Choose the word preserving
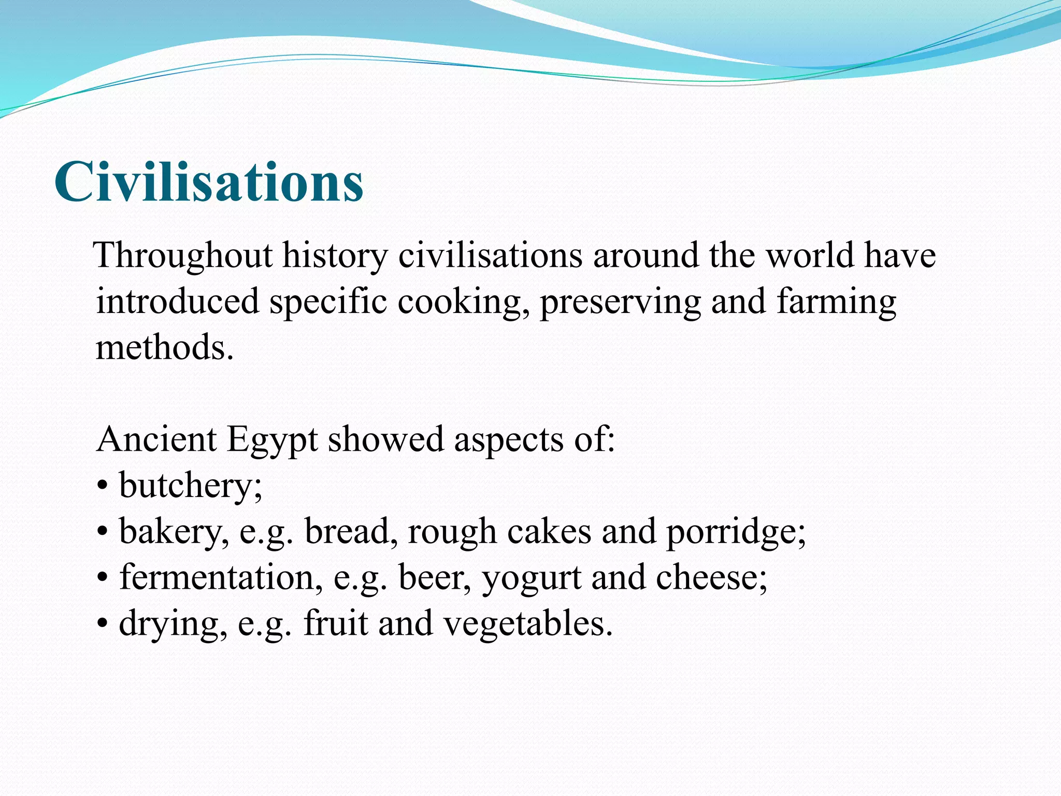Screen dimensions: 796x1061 [x=620, y=302]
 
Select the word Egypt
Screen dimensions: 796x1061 [x=272, y=439]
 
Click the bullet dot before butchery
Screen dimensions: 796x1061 [x=103, y=487]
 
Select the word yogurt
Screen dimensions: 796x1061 [x=532, y=578]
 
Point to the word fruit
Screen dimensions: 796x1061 [x=336, y=623]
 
